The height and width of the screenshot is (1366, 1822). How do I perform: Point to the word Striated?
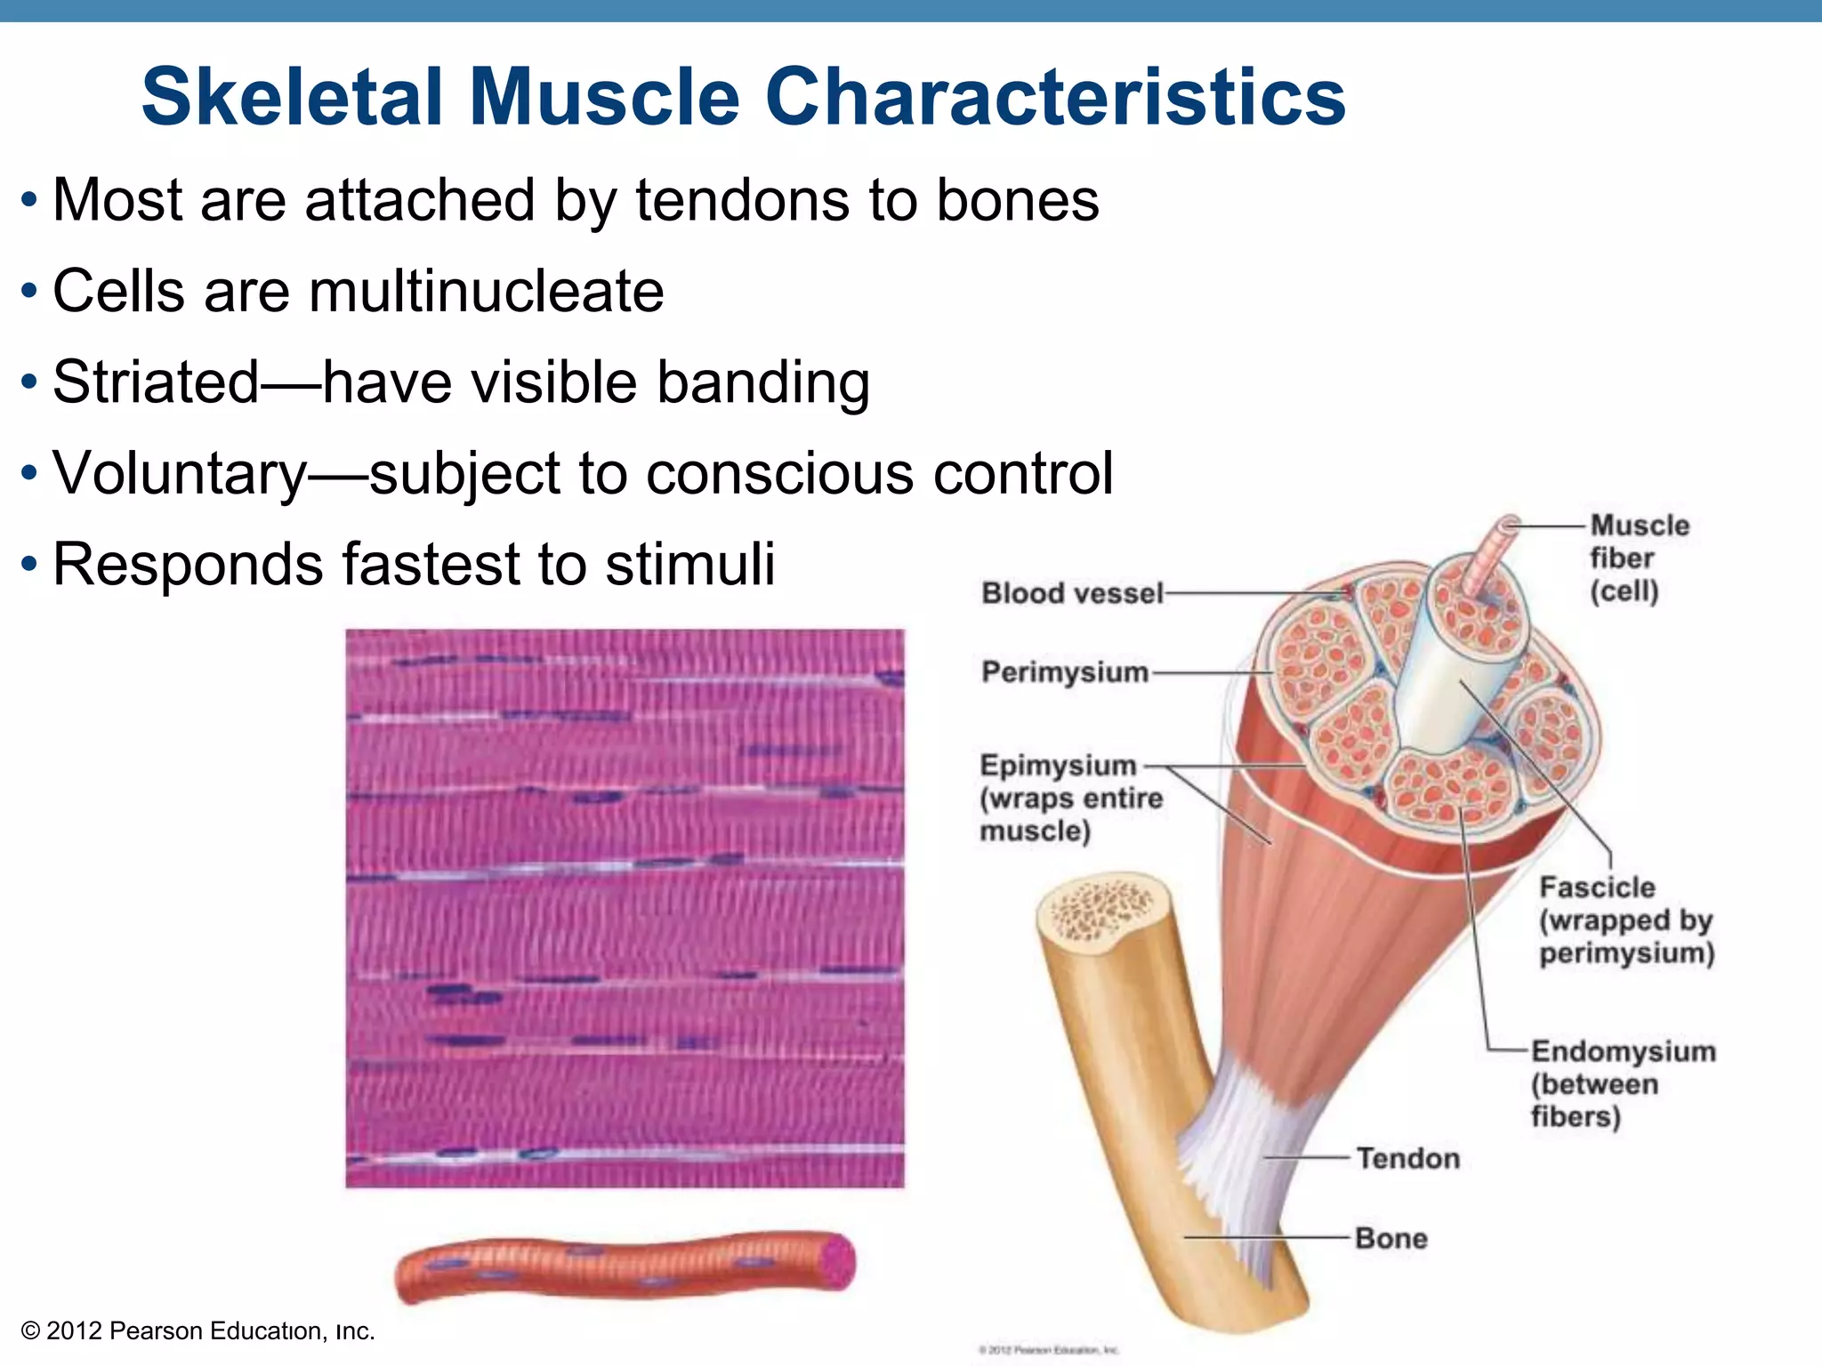click(156, 382)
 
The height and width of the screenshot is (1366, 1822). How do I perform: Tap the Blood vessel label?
click(1072, 593)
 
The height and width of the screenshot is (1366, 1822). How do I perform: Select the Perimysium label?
click(1065, 671)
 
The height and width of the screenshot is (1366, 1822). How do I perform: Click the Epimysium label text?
click(1059, 766)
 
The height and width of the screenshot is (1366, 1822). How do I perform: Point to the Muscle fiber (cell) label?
click(1639, 558)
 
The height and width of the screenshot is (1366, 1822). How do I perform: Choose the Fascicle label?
click(1597, 888)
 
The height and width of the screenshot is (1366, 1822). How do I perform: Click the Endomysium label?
click(1623, 1051)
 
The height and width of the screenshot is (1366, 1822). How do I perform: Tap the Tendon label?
click(1407, 1158)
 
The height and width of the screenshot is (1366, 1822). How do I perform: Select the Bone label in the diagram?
click(1391, 1238)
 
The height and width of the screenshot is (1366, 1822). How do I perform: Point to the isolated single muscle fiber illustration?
click(623, 1266)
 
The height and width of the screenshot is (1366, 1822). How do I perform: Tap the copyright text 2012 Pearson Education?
click(198, 1331)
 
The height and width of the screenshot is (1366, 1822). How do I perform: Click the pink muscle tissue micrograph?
click(625, 907)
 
